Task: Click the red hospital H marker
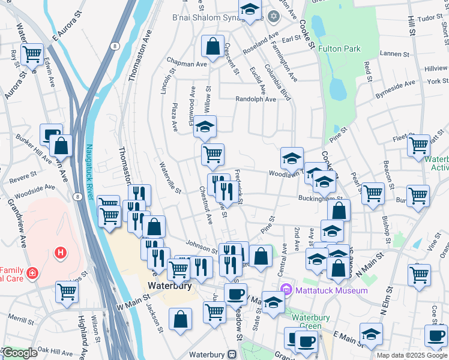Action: pyautogui.click(x=60, y=253)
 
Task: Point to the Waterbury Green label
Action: pyautogui.click(x=312, y=322)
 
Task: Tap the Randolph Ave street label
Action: pyautogui.click(x=255, y=99)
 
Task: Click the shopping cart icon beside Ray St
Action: pyautogui.click(x=31, y=54)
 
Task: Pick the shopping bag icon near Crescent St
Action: pyautogui.click(x=212, y=45)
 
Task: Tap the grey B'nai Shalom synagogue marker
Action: pyautogui.click(x=274, y=16)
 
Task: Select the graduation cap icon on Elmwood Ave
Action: pyautogui.click(x=205, y=127)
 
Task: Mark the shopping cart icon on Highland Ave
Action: pyautogui.click(x=67, y=292)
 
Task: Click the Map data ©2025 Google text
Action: pyautogui.click(x=411, y=355)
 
